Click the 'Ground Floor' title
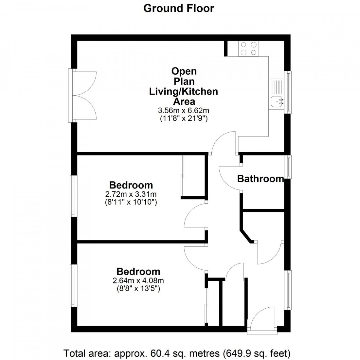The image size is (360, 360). (x=179, y=8)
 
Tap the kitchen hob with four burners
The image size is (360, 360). (x=249, y=48)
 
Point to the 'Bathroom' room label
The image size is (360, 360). (x=260, y=179)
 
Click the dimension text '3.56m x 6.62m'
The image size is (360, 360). (x=183, y=110)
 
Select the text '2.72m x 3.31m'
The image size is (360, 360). (x=131, y=194)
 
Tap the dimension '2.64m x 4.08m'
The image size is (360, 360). (x=138, y=280)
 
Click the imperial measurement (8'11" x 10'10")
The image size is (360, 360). (x=131, y=202)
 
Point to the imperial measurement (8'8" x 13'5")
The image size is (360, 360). (x=138, y=289)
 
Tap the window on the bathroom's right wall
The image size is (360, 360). (x=288, y=167)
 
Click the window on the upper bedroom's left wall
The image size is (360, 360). (x=73, y=196)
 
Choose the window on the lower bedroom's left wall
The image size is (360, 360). (x=73, y=285)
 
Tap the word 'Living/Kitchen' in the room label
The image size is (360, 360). (x=183, y=91)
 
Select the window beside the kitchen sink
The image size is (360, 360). (x=288, y=92)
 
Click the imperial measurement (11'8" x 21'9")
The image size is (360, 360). (x=183, y=118)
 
